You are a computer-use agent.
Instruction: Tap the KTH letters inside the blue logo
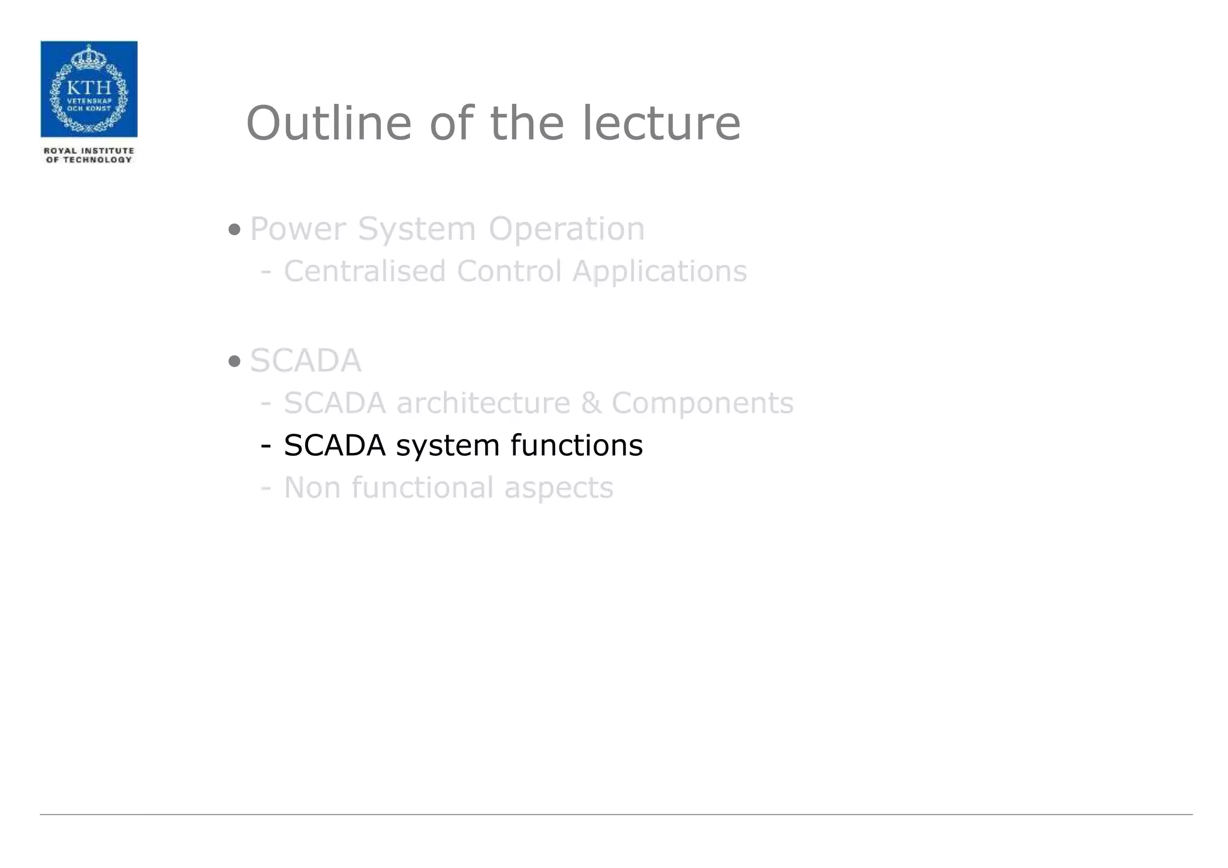click(x=89, y=87)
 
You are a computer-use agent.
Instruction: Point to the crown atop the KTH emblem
click(x=89, y=57)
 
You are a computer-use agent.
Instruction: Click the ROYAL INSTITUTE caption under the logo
click(x=89, y=151)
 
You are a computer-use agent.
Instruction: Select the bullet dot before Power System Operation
click(x=234, y=229)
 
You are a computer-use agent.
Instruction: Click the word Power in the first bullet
click(x=298, y=229)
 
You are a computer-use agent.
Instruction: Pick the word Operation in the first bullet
click(x=567, y=229)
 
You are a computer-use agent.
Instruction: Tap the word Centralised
click(x=365, y=271)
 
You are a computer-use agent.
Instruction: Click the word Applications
click(x=660, y=271)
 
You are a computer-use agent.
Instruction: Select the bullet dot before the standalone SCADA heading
click(x=234, y=361)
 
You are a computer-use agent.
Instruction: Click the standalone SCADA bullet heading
click(x=306, y=361)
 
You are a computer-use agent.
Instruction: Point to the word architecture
click(x=483, y=403)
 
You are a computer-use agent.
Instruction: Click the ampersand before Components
click(x=591, y=403)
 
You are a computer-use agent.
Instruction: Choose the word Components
click(x=702, y=403)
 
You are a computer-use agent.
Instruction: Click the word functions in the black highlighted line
click(x=577, y=445)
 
